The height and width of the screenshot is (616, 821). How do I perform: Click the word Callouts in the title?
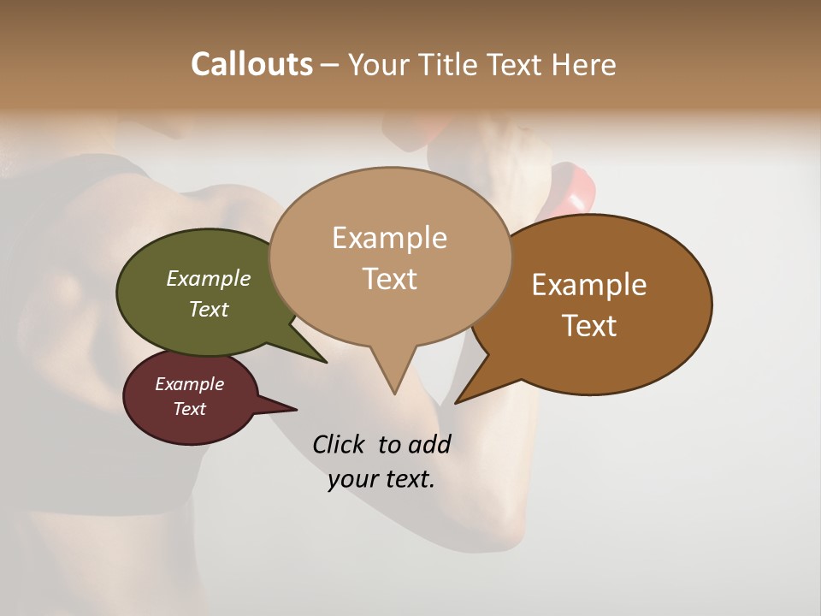tap(251, 64)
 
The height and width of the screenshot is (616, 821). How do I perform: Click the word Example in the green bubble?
tap(209, 278)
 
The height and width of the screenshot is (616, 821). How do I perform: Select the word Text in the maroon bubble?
tap(190, 409)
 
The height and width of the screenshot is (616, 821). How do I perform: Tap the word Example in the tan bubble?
tap(390, 238)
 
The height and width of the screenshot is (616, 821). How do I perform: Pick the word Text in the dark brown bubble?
tap(590, 326)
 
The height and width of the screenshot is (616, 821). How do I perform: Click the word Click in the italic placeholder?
tap(340, 444)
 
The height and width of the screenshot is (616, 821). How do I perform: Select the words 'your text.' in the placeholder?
tap(381, 479)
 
